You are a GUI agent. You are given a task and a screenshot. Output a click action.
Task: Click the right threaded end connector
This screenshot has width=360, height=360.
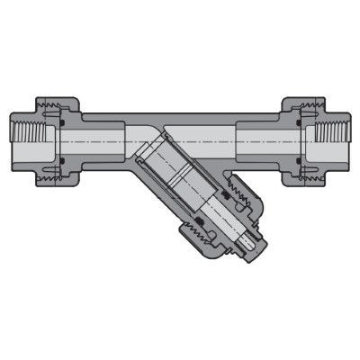pyautogui.click(x=334, y=144)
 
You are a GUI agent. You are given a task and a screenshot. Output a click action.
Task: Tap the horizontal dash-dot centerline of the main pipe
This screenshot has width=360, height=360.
pyautogui.click(x=180, y=144)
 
